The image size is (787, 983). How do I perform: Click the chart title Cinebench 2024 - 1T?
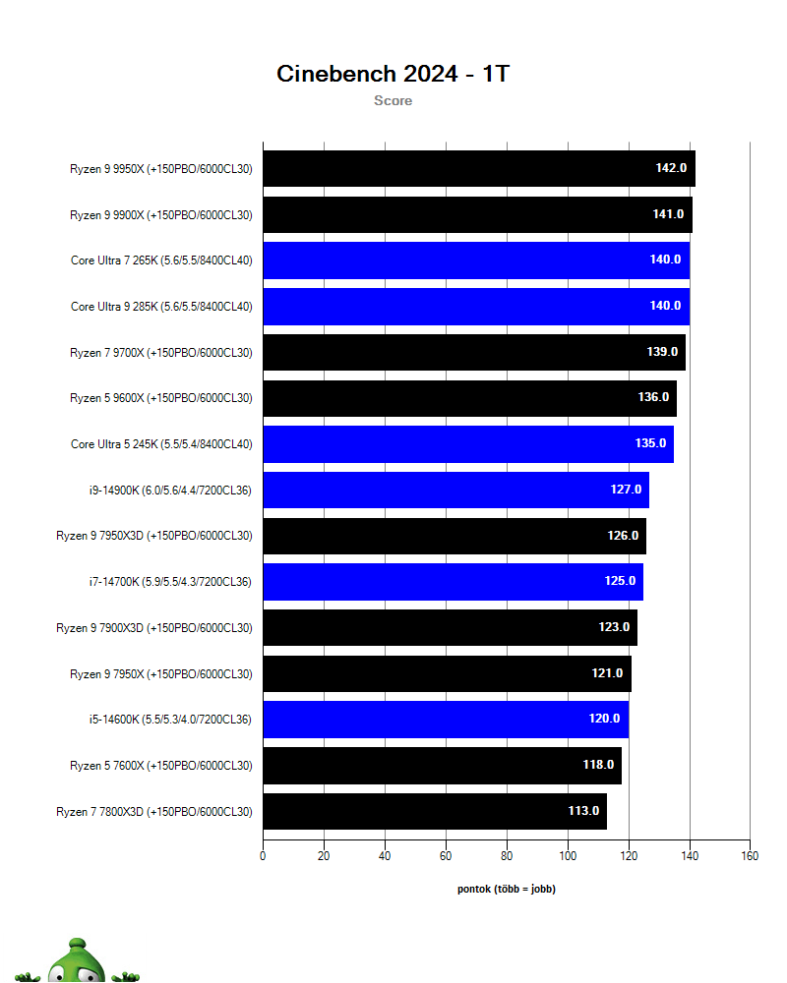(x=393, y=74)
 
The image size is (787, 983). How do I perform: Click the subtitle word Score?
(x=393, y=100)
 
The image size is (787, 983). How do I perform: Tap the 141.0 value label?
(x=668, y=214)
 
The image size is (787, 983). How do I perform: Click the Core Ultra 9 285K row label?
(x=161, y=306)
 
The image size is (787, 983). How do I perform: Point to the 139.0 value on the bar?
(x=662, y=352)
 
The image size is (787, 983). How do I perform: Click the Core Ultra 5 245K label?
(x=161, y=443)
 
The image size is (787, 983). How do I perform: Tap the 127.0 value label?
(x=626, y=490)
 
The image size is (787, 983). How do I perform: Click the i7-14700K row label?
(x=169, y=582)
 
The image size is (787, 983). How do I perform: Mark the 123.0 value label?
(x=614, y=627)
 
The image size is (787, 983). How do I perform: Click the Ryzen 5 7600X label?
(x=161, y=765)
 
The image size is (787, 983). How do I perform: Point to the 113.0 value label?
(x=583, y=811)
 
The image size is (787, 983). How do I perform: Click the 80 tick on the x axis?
(x=507, y=856)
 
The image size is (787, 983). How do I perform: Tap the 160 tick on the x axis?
(x=750, y=856)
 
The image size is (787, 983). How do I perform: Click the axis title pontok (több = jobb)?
(x=507, y=889)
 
